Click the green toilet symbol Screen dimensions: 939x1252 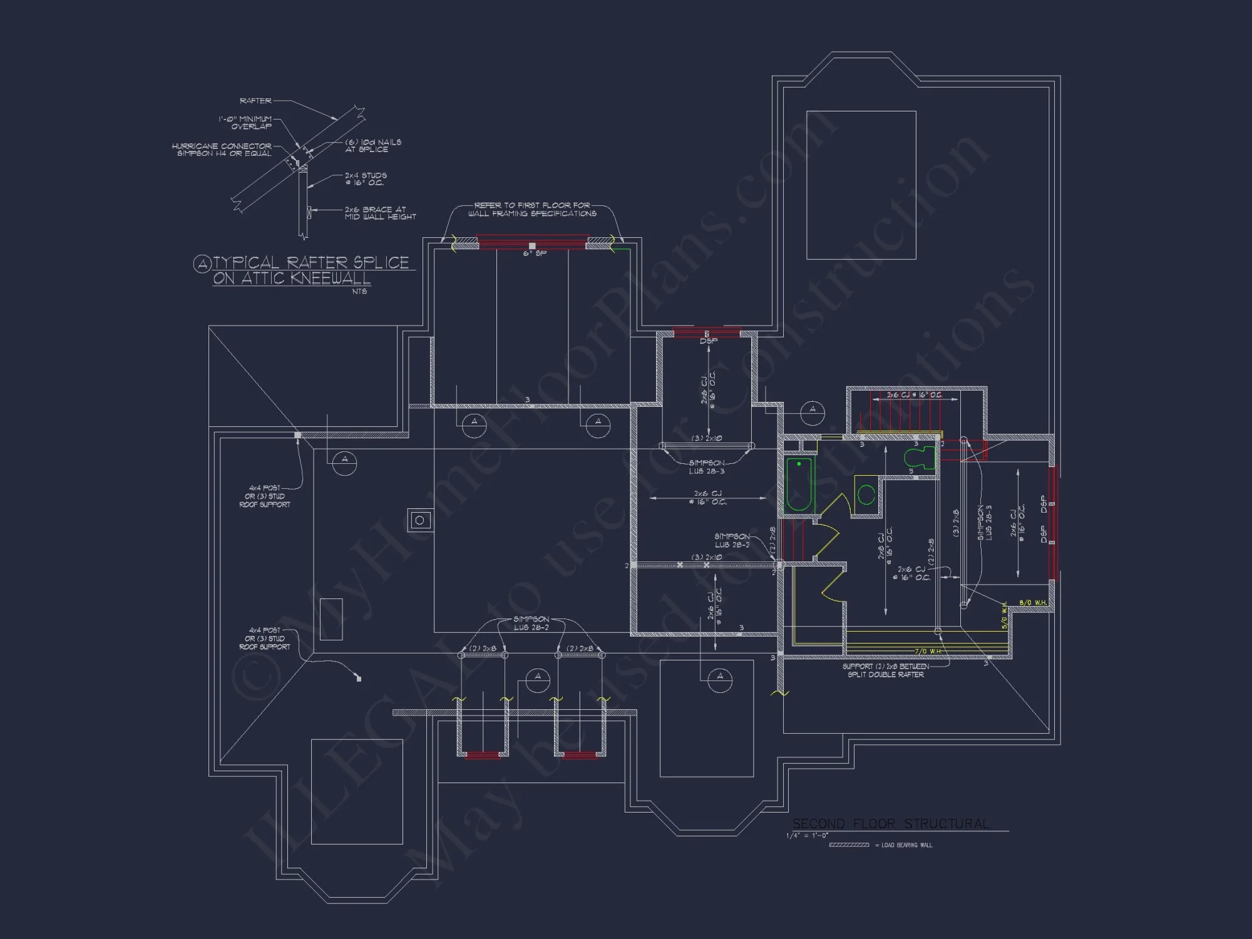(x=920, y=458)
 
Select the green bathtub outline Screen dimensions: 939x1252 (x=799, y=485)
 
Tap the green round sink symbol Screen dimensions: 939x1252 (x=866, y=495)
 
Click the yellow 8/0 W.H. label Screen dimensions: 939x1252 (x=1033, y=603)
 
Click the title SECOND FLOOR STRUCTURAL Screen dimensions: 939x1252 (x=891, y=824)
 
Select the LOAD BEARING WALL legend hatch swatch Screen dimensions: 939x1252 (x=849, y=845)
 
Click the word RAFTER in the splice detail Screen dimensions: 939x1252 (x=255, y=101)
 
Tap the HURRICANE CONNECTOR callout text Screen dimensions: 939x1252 (x=222, y=150)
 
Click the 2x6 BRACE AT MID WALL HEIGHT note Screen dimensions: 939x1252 (x=380, y=213)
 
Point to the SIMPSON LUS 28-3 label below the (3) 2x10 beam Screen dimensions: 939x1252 (x=707, y=467)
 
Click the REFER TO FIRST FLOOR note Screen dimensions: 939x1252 (x=532, y=209)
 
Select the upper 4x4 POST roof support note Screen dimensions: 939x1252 (x=265, y=496)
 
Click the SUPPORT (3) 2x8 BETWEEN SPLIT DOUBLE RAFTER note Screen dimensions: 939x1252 (x=885, y=670)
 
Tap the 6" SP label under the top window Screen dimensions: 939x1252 (x=535, y=254)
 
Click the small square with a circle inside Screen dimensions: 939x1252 (x=419, y=520)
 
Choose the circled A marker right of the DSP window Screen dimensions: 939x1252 (x=813, y=411)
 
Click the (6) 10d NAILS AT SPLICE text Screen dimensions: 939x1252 (x=373, y=146)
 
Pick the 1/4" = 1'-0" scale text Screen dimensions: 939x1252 (x=807, y=836)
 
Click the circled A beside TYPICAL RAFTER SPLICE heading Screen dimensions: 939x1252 (x=202, y=264)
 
